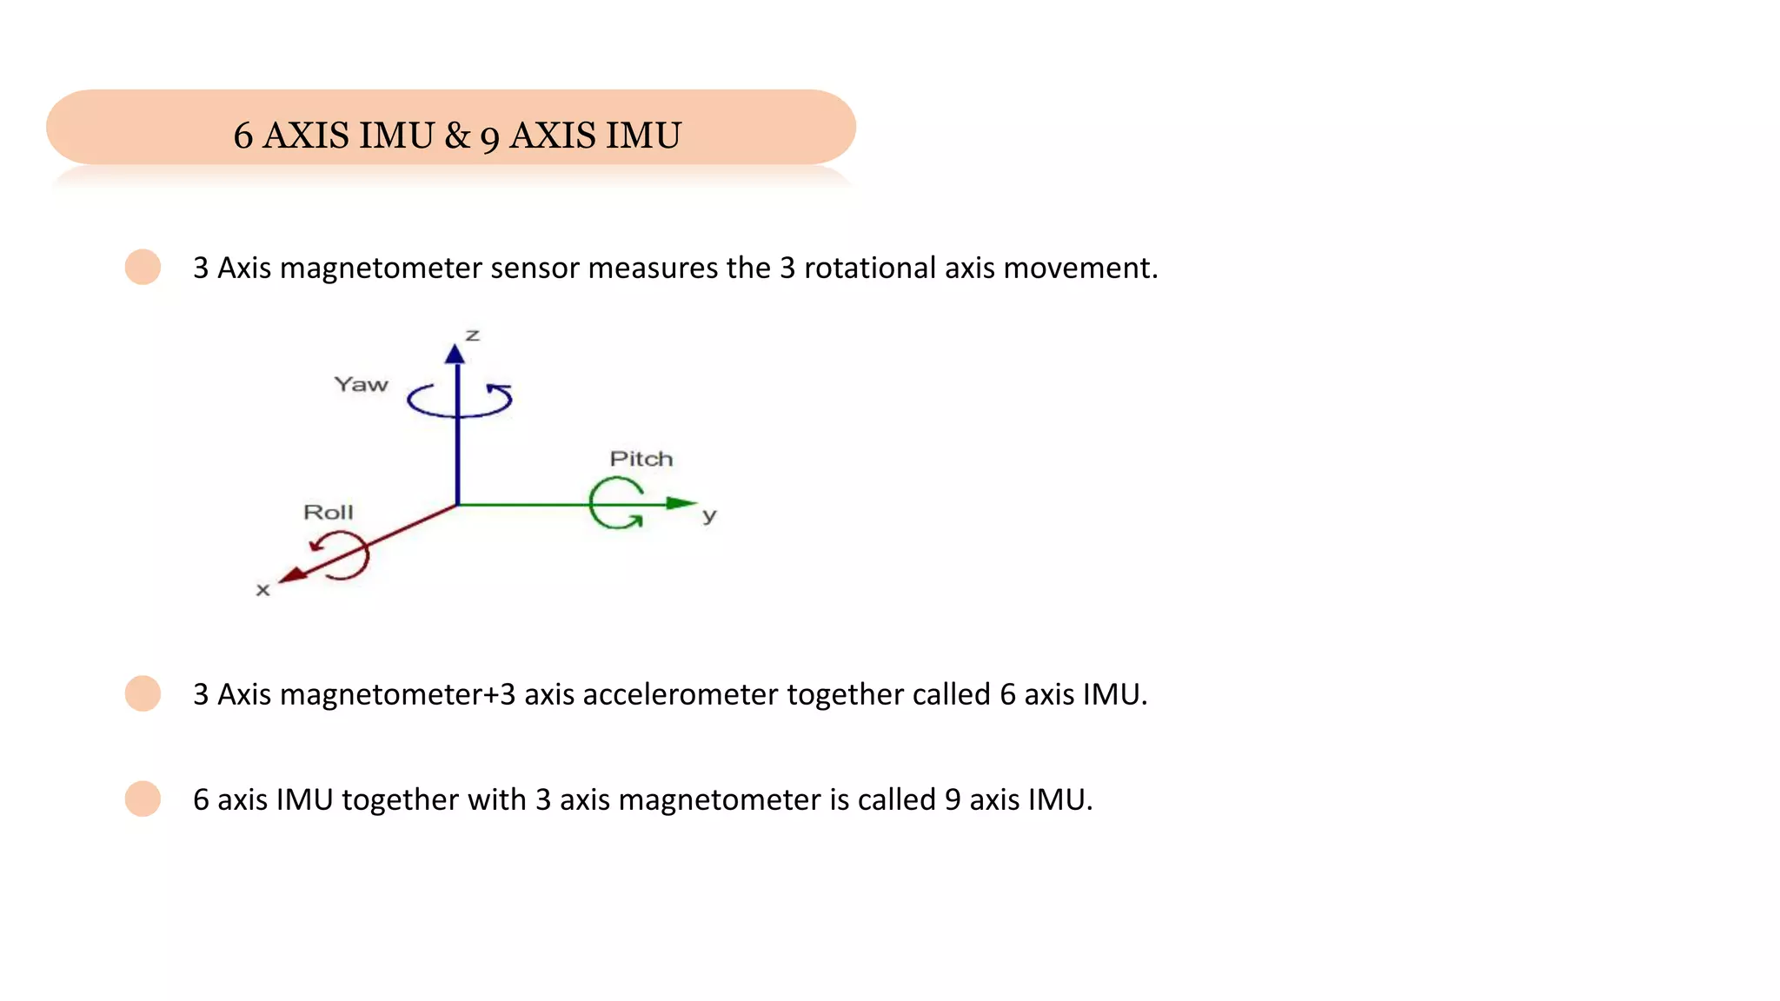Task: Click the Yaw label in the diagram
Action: pyautogui.click(x=361, y=385)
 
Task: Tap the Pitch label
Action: pyautogui.click(x=641, y=459)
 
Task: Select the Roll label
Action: pyautogui.click(x=328, y=513)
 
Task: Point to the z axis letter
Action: pyautogui.click(x=472, y=335)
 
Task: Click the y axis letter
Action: pyautogui.click(x=709, y=515)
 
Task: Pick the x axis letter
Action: pyautogui.click(x=262, y=590)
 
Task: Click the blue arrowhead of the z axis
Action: pyautogui.click(x=455, y=354)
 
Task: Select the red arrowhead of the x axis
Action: pyautogui.click(x=293, y=575)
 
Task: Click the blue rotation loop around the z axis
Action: pyautogui.click(x=460, y=401)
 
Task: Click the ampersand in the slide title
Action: pyautogui.click(x=457, y=136)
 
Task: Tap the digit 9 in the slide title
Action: pyautogui.click(x=489, y=137)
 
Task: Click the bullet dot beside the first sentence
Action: pyautogui.click(x=143, y=267)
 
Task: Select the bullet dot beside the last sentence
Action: pyautogui.click(x=143, y=799)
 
